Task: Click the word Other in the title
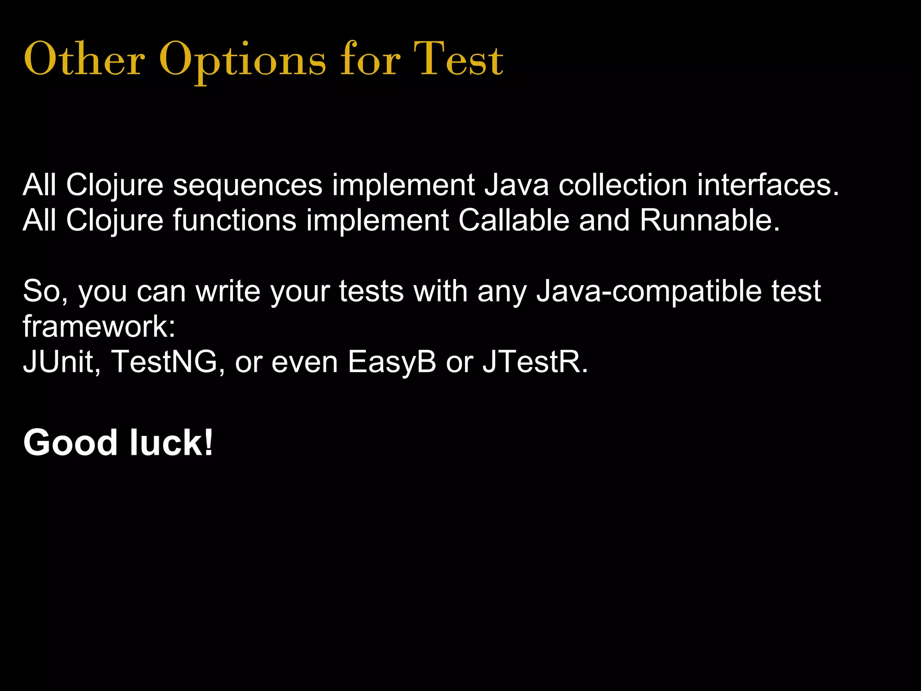tap(84, 60)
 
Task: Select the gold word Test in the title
tap(458, 60)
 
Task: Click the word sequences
tap(248, 185)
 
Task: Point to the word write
tap(228, 291)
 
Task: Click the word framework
tap(99, 326)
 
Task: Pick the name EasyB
tap(392, 362)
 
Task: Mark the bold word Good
tap(71, 443)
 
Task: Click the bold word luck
tap(171, 443)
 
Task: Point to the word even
tap(304, 362)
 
